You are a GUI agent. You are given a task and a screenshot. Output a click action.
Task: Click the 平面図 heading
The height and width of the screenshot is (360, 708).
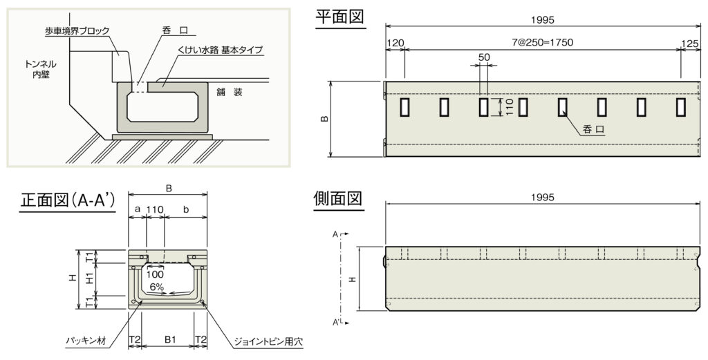click(340, 17)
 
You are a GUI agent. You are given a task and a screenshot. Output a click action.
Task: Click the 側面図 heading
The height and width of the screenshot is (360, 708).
click(338, 198)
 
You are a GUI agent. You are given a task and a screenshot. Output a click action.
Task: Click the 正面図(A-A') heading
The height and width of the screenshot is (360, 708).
click(68, 200)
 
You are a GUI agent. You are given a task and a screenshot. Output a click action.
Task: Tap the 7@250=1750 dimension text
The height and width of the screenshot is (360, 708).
click(542, 43)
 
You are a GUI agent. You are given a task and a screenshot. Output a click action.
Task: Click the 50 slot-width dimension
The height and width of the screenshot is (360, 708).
click(483, 57)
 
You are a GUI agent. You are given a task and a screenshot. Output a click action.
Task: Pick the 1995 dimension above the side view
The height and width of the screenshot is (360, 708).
click(542, 197)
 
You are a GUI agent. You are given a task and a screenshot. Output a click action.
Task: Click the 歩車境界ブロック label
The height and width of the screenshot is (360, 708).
click(77, 31)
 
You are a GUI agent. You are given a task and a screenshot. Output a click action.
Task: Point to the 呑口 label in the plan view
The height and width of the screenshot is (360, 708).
click(593, 129)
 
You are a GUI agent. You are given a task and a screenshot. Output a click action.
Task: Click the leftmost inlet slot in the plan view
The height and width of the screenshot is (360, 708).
click(404, 107)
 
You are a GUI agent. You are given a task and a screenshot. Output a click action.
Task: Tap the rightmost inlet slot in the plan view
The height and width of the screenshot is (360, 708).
click(681, 107)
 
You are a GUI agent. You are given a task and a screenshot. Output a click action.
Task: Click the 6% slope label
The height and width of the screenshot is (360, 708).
click(157, 286)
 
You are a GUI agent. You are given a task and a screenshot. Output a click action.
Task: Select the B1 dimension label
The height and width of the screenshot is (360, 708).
click(170, 340)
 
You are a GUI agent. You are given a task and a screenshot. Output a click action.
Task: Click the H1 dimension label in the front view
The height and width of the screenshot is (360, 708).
click(89, 279)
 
